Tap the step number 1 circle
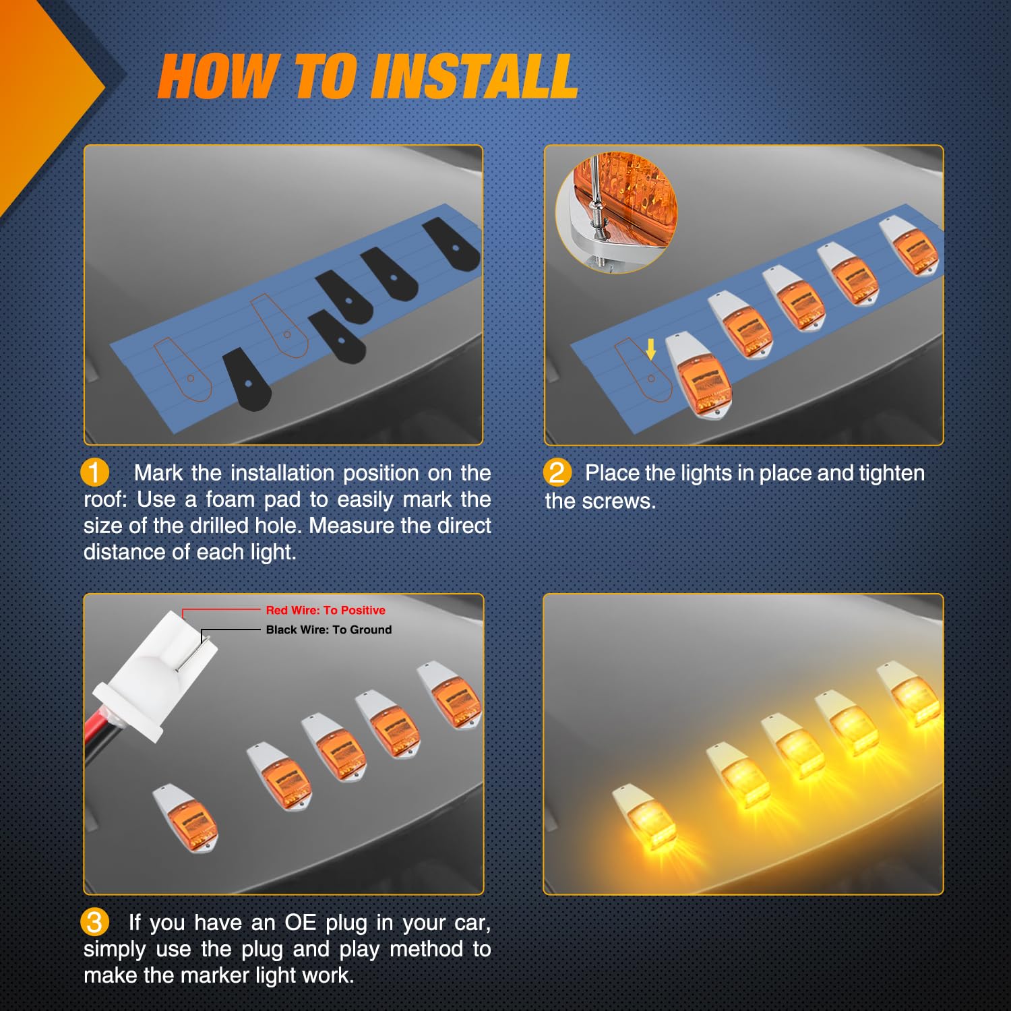point(94,472)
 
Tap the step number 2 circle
point(557,472)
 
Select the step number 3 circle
point(94,922)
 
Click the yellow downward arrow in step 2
point(650,349)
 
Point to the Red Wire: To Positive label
point(326,610)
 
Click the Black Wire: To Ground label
point(329,630)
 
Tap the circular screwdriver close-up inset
point(616,212)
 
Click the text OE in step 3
point(300,922)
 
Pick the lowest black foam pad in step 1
point(246,381)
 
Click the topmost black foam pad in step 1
point(452,244)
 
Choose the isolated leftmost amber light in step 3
point(185,818)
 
